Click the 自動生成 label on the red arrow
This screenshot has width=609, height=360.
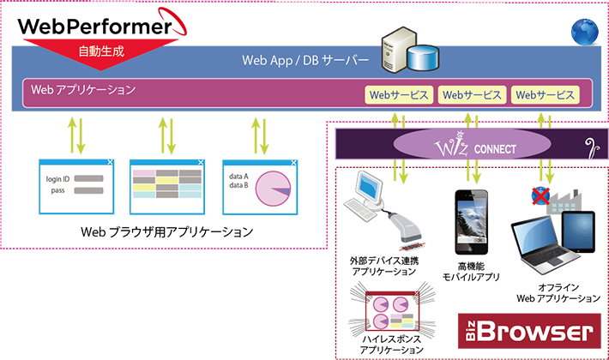point(101,51)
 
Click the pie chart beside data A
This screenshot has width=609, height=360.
point(275,187)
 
